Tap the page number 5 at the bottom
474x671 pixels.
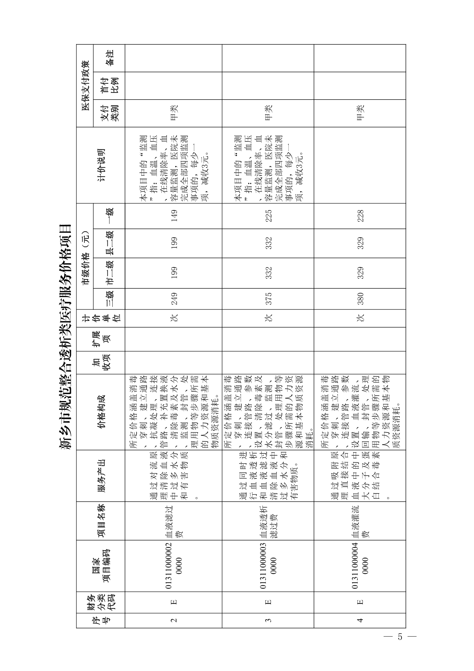pyautogui.click(x=400, y=636)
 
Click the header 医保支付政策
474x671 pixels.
pyautogui.click(x=85, y=85)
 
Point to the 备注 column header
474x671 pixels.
pyautogui.click(x=109, y=58)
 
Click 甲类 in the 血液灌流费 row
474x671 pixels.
pyautogui.click(x=360, y=113)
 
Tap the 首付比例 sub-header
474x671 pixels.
pyautogui.click(x=109, y=85)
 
